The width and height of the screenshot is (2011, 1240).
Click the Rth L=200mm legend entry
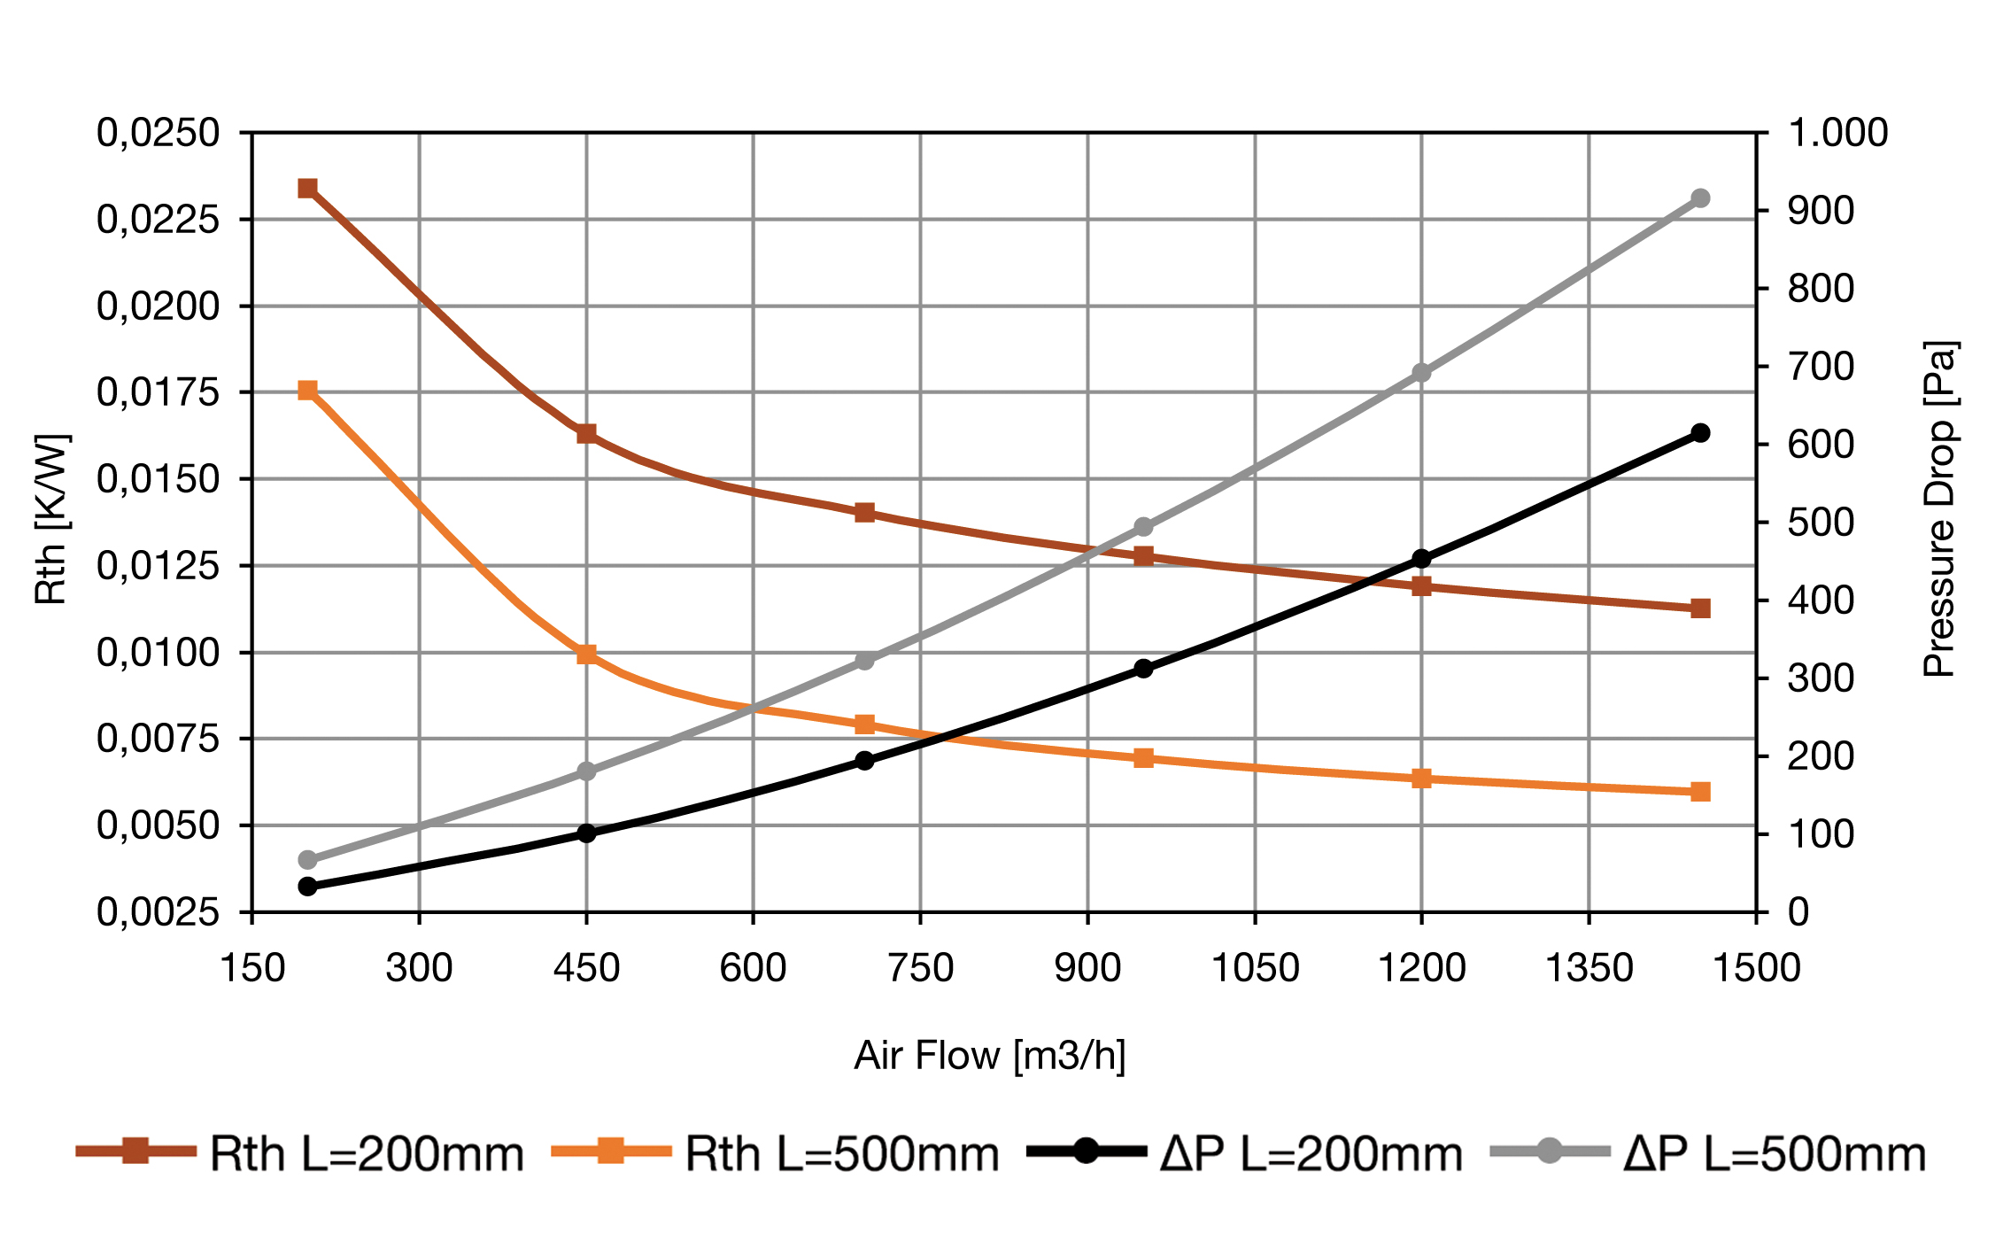pyautogui.click(x=301, y=1153)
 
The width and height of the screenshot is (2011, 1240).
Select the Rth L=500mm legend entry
pyautogui.click(x=776, y=1153)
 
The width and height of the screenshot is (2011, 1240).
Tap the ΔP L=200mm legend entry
pyautogui.click(x=1245, y=1153)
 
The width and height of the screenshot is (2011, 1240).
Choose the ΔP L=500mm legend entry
pyautogui.click(x=1709, y=1153)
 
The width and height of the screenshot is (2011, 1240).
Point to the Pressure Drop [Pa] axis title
pyautogui.click(x=1939, y=509)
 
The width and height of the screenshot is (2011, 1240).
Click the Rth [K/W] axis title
pyautogui.click(x=51, y=520)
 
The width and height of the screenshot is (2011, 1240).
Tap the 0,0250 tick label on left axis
pyautogui.click(x=159, y=133)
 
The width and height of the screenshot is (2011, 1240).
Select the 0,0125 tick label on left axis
pyautogui.click(x=159, y=565)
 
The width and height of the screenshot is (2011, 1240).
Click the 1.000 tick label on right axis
pyautogui.click(x=1838, y=133)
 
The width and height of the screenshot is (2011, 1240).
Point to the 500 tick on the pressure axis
pyautogui.click(x=1821, y=523)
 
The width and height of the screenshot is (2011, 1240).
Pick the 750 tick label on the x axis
pyautogui.click(x=921, y=967)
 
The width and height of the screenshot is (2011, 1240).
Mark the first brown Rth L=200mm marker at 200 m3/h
pyautogui.click(x=308, y=188)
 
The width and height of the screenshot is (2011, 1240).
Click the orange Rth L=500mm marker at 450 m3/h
pyautogui.click(x=586, y=655)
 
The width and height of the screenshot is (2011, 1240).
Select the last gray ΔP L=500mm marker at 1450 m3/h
pyautogui.click(x=1700, y=198)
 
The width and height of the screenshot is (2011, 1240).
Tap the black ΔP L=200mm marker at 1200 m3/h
pyautogui.click(x=1421, y=558)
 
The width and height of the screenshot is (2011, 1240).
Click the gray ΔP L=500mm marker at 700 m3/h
pyautogui.click(x=865, y=661)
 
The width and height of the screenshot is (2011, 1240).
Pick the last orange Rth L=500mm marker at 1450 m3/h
pyautogui.click(x=1700, y=792)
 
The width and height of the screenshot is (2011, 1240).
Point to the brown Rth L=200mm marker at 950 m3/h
pyautogui.click(x=1143, y=556)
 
